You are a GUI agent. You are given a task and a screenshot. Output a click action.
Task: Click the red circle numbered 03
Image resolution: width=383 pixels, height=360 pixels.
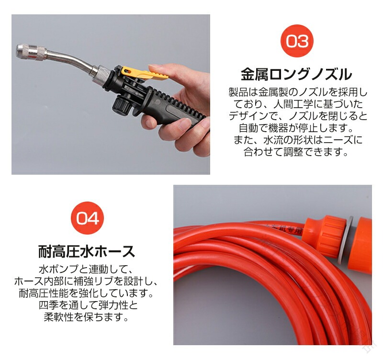click(x=297, y=41)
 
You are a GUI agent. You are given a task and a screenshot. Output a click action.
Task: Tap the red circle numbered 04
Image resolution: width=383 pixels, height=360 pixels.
click(x=87, y=218)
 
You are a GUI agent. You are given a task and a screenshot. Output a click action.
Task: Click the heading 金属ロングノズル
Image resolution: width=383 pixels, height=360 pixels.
click(x=296, y=75)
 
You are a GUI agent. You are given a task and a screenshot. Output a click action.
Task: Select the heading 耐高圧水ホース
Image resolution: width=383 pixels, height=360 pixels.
click(x=87, y=251)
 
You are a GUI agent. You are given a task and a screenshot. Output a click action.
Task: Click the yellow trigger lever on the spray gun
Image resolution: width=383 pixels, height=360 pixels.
click(x=144, y=73)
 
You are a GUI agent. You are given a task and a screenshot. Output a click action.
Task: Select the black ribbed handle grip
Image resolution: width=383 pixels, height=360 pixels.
click(x=176, y=107)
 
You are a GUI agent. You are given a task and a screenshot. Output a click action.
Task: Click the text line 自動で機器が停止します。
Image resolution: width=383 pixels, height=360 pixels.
click(x=296, y=128)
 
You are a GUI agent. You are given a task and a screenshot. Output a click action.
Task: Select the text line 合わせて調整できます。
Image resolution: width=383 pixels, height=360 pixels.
click(x=296, y=152)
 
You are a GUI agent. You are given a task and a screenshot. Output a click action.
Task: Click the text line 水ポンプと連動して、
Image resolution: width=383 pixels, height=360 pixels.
click(x=86, y=270)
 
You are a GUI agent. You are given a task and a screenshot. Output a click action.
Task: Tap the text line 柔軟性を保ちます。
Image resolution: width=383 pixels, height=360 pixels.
click(x=86, y=317)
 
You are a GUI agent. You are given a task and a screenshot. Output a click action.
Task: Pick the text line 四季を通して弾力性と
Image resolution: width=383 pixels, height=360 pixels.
click(x=89, y=305)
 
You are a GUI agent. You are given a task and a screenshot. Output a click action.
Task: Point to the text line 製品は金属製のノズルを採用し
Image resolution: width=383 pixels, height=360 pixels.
click(x=298, y=92)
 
